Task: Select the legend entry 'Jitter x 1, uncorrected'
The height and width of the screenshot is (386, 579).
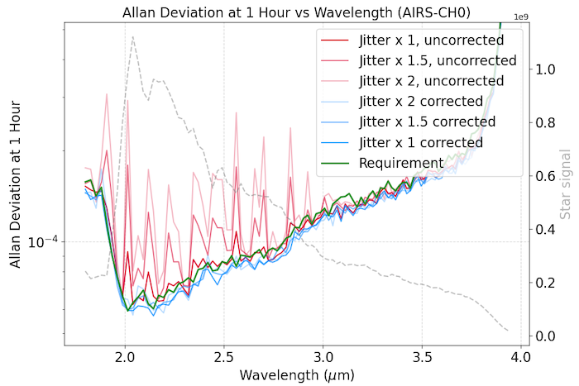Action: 431,40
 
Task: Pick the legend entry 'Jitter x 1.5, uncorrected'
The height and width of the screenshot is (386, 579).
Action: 438,60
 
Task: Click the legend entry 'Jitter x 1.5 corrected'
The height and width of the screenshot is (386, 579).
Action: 427,122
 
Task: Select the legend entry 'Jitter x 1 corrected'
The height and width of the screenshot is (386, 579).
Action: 420,142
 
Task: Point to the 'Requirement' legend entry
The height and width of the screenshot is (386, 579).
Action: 401,163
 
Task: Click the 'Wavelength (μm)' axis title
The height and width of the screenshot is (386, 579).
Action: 297,376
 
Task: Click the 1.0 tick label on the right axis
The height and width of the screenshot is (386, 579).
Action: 546,69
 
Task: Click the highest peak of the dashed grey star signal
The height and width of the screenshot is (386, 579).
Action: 132,36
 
